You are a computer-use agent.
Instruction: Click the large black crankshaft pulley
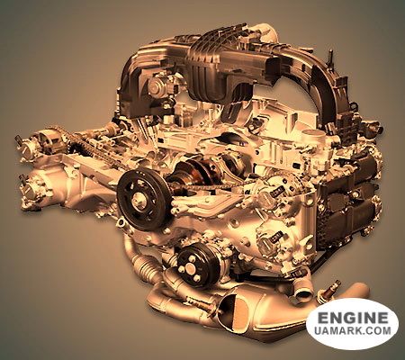point(141,199)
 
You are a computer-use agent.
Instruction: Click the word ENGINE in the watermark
point(353,318)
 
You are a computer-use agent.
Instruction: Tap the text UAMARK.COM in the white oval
point(353,330)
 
